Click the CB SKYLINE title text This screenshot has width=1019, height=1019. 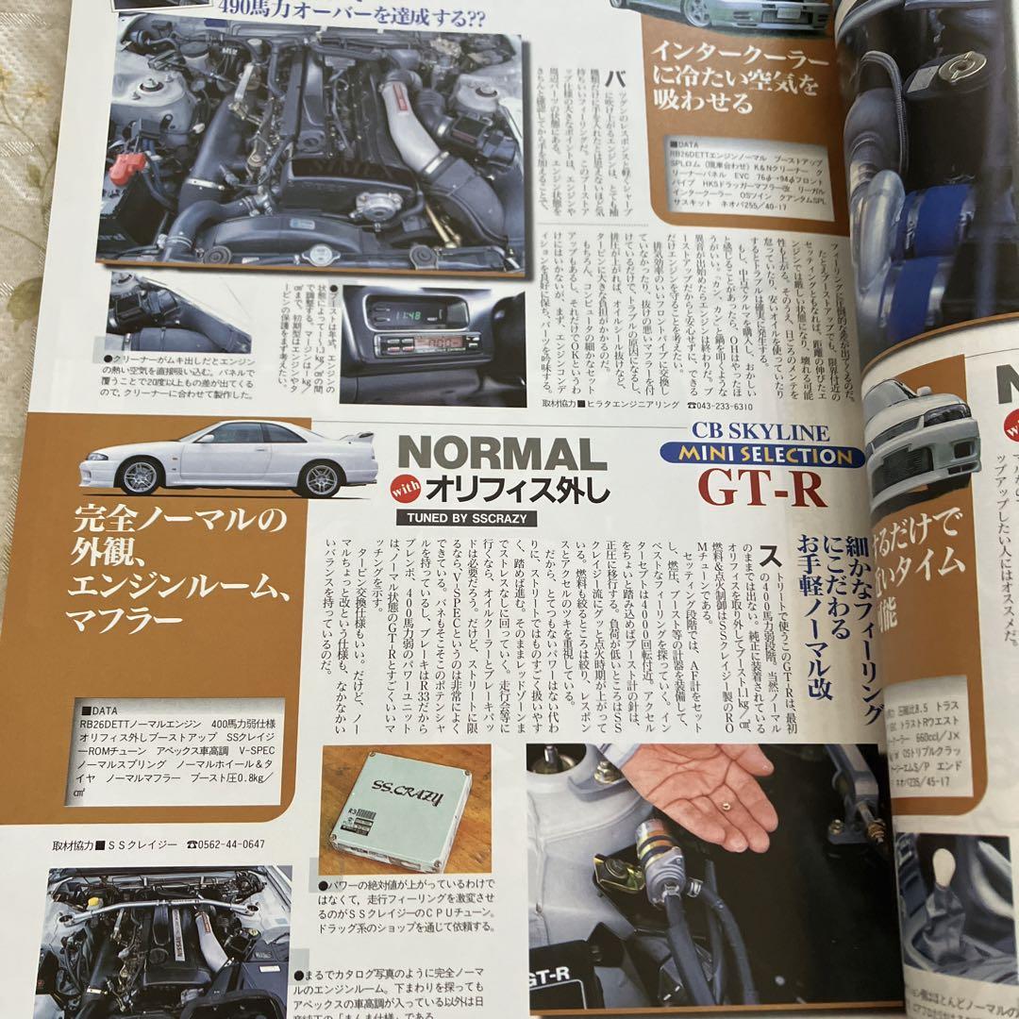(760, 433)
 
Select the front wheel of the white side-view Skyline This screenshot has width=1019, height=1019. (139, 477)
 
